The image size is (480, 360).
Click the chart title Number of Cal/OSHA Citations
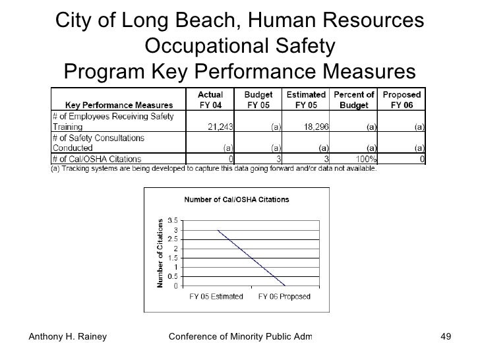click(x=236, y=199)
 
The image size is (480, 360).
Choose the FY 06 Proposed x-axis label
click(x=284, y=297)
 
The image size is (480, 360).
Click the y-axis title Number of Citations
click(x=159, y=253)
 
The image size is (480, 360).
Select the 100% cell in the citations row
click(x=363, y=159)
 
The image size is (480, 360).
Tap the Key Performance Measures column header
click(x=119, y=105)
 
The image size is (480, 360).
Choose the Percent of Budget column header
click(x=354, y=100)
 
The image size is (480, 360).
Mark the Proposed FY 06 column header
click(x=402, y=100)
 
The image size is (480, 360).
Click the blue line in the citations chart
click(x=251, y=258)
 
